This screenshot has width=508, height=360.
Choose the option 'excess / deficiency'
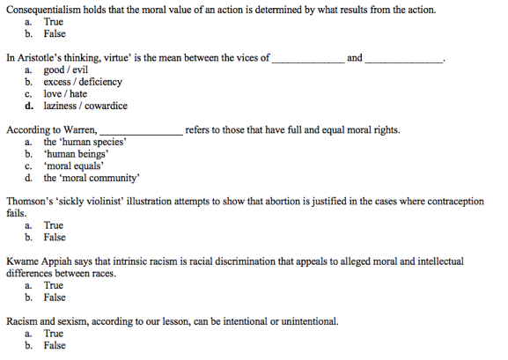(x=83, y=82)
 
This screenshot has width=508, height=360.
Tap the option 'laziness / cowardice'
(x=85, y=106)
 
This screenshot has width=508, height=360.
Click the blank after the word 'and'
(x=403, y=59)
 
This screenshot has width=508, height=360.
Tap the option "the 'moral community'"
(x=91, y=177)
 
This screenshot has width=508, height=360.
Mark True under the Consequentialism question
(x=53, y=21)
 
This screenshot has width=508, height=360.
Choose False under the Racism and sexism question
(x=55, y=345)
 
